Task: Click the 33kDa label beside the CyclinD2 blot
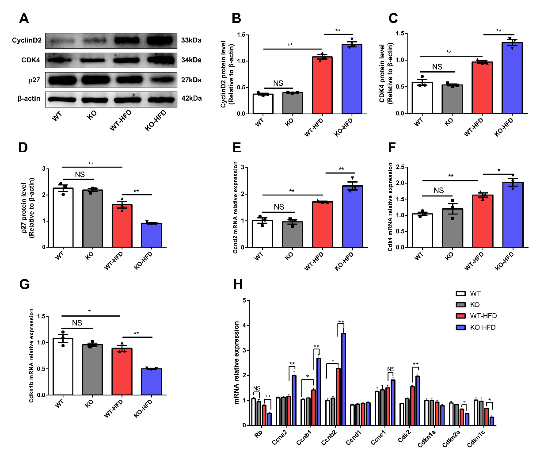click(x=191, y=40)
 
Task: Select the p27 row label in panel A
click(x=34, y=80)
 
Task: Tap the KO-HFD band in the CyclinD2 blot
click(x=160, y=40)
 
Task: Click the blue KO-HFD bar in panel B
click(x=352, y=80)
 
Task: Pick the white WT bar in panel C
click(x=422, y=98)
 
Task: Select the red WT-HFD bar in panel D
click(x=122, y=226)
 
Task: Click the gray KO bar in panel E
click(x=293, y=234)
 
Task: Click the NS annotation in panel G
click(x=77, y=323)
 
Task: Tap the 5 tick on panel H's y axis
click(x=244, y=301)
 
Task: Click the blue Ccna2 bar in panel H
click(x=294, y=400)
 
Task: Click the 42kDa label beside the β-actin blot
click(x=191, y=98)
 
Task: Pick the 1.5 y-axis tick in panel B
click(x=241, y=35)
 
